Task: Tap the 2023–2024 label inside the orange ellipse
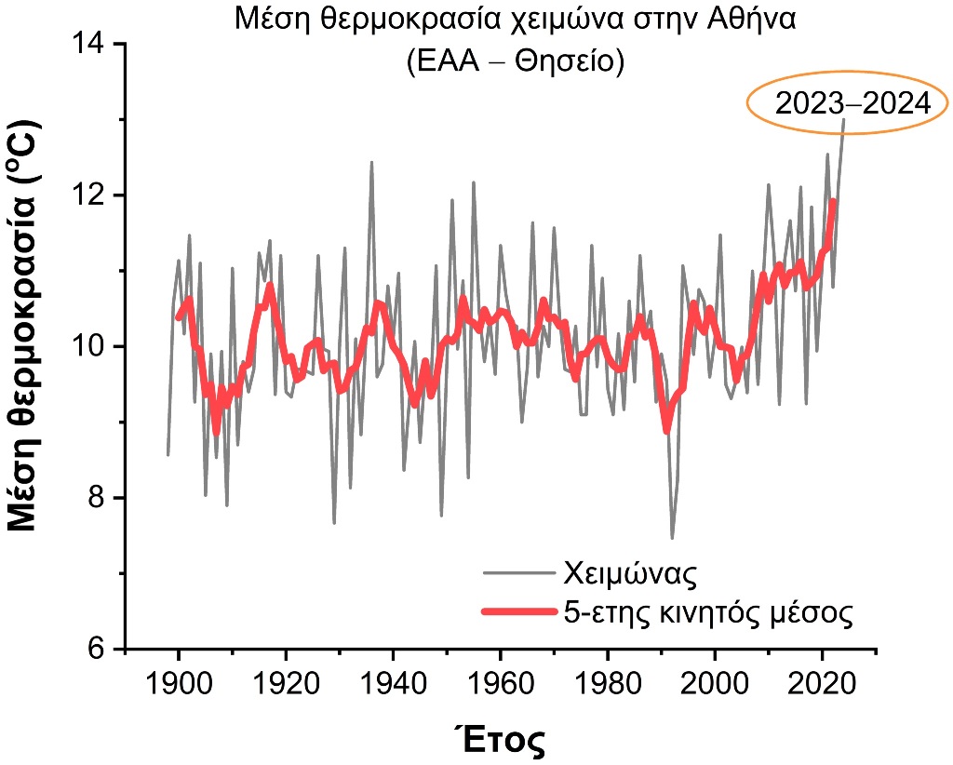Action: point(852,103)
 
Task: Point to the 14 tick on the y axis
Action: point(90,44)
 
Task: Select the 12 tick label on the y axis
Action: point(90,195)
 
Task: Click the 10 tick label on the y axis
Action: point(90,346)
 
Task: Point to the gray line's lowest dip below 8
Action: point(672,537)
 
